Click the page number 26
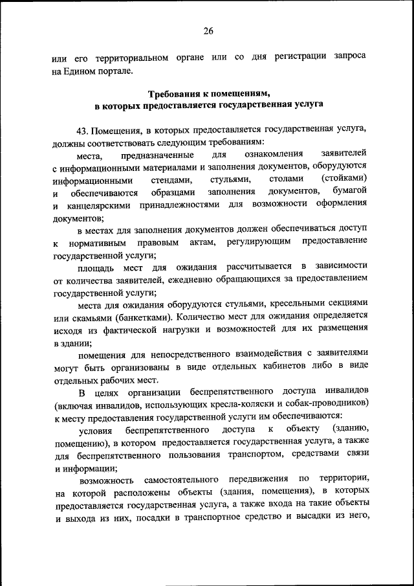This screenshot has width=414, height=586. (x=207, y=30)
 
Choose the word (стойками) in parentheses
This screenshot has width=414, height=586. (x=344, y=178)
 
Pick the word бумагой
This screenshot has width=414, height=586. (x=350, y=191)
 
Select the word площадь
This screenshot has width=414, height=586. (x=96, y=267)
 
